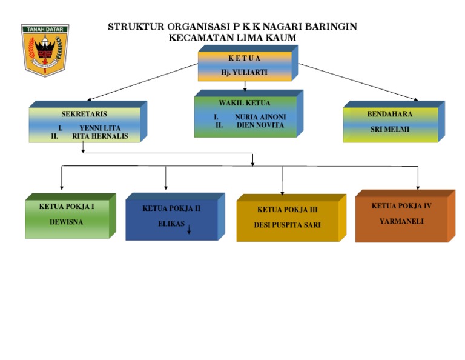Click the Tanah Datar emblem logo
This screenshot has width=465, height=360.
tap(45, 50)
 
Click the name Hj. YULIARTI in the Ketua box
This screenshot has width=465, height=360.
tap(244, 72)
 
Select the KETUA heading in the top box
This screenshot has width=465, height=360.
tap(244, 58)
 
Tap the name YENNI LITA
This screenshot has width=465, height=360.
tap(100, 128)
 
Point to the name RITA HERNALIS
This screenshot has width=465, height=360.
tap(101, 136)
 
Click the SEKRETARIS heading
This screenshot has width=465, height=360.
tap(84, 113)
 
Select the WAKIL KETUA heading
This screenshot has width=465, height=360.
tap(245, 103)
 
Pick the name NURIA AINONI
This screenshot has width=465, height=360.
tap(260, 117)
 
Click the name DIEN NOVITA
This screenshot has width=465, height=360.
tap(260, 125)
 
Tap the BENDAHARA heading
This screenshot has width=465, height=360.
tap(390, 113)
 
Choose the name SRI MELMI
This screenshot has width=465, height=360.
tap(390, 128)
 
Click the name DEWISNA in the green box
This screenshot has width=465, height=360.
tap(67, 222)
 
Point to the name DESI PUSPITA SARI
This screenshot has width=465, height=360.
tap(287, 225)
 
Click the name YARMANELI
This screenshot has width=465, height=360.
tap(401, 221)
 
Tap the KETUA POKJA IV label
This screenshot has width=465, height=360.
tap(401, 206)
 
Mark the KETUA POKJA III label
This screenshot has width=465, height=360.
tap(287, 210)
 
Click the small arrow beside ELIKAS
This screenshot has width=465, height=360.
tap(189, 229)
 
